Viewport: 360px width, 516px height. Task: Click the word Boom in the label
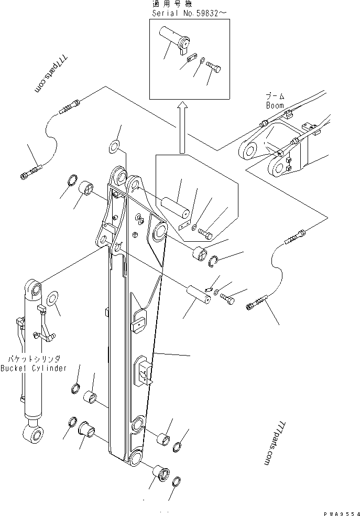(275, 105)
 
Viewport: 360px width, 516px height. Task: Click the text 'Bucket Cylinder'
(34, 368)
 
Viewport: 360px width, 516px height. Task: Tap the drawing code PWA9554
(342, 513)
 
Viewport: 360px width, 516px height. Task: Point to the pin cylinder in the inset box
(174, 38)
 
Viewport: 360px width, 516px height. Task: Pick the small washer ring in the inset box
(202, 60)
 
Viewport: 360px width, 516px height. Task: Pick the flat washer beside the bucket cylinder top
(52, 298)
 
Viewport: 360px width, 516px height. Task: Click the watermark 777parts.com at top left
(51, 74)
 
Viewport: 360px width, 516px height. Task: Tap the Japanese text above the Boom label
(275, 96)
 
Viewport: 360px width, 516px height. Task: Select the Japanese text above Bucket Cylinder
(34, 359)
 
